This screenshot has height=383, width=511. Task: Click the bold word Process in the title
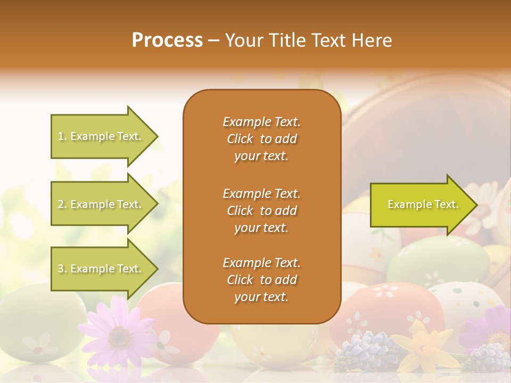[167, 40]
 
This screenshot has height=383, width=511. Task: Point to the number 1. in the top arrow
[62, 136]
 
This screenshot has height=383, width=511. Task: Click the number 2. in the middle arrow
[62, 204]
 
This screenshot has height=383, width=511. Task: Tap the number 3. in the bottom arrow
[62, 269]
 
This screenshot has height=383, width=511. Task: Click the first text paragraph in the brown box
[261, 139]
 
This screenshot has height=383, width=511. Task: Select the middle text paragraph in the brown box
[261, 211]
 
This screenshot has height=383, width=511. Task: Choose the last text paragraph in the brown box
[261, 280]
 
